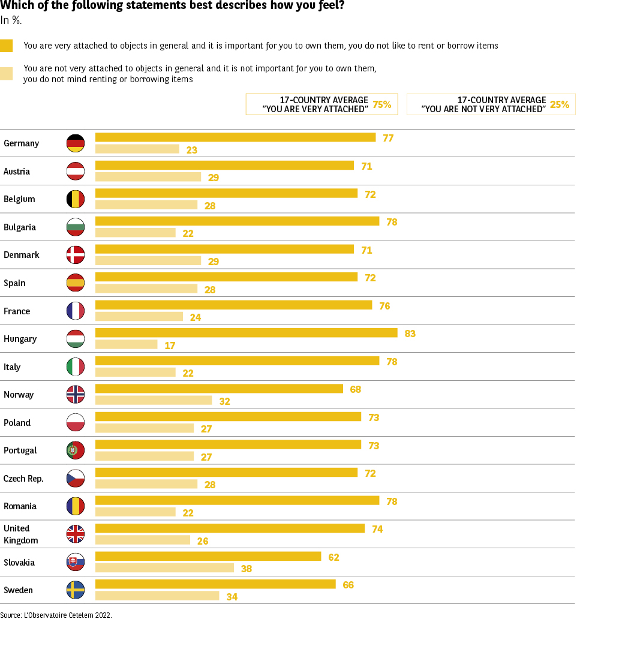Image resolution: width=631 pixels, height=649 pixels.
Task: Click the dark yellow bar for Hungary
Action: coord(246,333)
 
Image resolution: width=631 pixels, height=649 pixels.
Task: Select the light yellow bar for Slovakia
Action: coord(164,567)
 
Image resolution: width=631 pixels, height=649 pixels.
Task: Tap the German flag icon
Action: coord(76,143)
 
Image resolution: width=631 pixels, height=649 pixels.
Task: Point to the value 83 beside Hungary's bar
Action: coord(410,333)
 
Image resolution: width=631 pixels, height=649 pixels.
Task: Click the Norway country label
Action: coord(19,395)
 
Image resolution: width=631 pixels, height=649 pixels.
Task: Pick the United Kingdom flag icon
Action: coord(76,534)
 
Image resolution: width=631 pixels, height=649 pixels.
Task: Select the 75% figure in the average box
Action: coord(381,104)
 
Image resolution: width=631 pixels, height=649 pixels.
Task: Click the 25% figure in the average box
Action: coord(559,104)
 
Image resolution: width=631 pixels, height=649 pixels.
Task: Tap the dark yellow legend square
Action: coord(6,46)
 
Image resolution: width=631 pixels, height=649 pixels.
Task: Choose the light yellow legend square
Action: coord(6,73)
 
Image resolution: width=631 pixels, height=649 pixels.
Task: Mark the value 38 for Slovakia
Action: coord(246,569)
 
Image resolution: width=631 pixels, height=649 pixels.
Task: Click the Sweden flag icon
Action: coord(76,590)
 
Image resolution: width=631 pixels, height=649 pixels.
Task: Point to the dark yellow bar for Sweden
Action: coord(215,584)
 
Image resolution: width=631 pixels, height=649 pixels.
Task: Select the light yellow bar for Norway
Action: coord(154,400)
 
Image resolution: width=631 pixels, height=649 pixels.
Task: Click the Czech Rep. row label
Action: coord(23,479)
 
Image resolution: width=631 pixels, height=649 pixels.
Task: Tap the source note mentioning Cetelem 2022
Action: coord(56,615)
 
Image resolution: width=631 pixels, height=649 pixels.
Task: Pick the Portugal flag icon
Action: coord(76,450)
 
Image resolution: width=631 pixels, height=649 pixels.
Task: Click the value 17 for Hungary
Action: coord(170,345)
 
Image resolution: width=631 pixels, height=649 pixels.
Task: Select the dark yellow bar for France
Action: coord(233,305)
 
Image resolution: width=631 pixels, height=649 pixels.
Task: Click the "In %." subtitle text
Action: coord(11,20)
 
